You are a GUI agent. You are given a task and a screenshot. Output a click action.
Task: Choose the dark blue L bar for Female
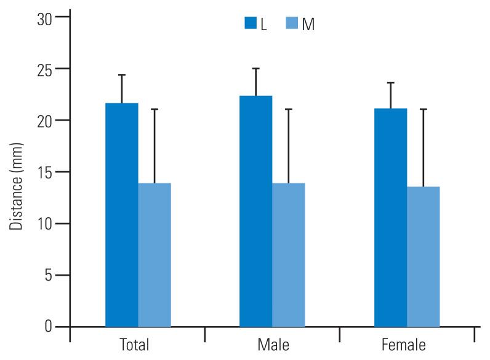(x=390, y=217)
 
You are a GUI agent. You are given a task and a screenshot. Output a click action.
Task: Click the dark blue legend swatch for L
(x=251, y=23)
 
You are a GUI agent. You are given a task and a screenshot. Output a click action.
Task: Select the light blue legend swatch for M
(x=292, y=23)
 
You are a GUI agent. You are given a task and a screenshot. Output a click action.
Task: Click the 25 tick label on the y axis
(x=44, y=69)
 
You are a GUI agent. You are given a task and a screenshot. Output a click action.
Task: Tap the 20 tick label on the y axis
(x=44, y=121)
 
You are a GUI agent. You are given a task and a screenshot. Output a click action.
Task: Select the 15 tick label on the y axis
(x=44, y=172)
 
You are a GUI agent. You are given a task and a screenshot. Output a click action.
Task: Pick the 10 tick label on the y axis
(x=44, y=223)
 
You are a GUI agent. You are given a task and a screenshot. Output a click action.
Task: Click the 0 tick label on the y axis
(x=48, y=326)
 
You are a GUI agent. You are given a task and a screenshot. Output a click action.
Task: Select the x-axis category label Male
(x=271, y=345)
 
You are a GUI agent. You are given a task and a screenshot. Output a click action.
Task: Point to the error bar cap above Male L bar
(x=255, y=68)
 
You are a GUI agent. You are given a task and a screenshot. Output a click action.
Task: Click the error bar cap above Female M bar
(x=424, y=110)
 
